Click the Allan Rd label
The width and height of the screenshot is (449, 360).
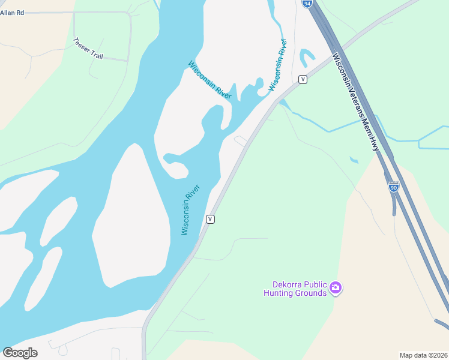pyautogui.click(x=12, y=12)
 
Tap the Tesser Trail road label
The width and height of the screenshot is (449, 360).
pyautogui.click(x=88, y=49)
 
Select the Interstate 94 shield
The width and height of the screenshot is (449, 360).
pyautogui.click(x=307, y=3)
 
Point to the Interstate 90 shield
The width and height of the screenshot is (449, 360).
pyautogui.click(x=394, y=187)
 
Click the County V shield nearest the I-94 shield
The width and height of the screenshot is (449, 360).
pyautogui.click(x=303, y=79)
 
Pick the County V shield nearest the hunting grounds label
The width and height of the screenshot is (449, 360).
pyautogui.click(x=210, y=219)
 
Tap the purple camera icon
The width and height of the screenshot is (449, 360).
pyautogui.click(x=336, y=289)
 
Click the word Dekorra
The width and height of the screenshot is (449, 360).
pyautogui.click(x=284, y=284)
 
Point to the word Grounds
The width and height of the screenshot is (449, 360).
pyautogui.click(x=312, y=293)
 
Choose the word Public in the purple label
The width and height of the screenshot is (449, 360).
pyautogui.click(x=314, y=284)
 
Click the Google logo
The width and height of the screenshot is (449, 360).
pyautogui.click(x=20, y=352)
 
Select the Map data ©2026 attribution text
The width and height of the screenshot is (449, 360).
pyautogui.click(x=423, y=355)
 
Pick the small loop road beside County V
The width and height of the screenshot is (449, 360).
pyautogui.click(x=240, y=140)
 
